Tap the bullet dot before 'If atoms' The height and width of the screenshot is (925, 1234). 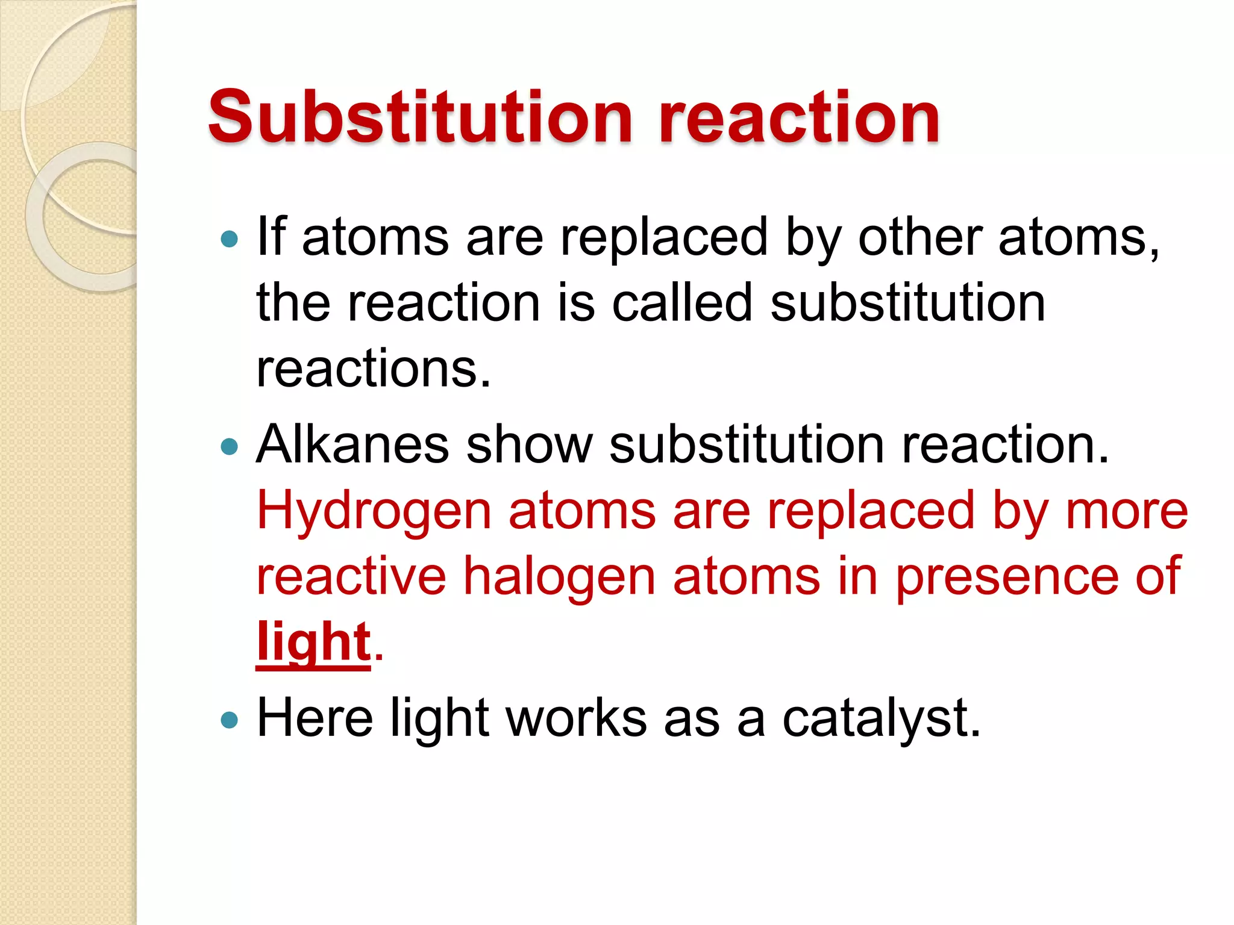point(230,240)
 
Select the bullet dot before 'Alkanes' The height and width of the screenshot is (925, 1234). point(230,446)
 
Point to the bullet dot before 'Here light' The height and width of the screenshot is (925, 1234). point(230,719)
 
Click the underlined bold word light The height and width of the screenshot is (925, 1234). point(313,642)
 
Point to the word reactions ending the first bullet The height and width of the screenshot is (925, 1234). point(374,369)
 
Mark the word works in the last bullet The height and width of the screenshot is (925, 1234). point(576,718)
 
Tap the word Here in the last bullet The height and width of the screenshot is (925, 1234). point(315,718)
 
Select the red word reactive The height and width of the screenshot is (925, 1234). point(351,576)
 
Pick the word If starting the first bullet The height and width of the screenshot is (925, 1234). point(271,237)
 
